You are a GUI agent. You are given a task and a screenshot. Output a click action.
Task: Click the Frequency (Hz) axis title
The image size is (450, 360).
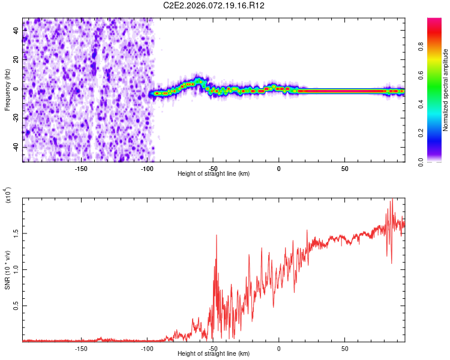[x=7, y=90]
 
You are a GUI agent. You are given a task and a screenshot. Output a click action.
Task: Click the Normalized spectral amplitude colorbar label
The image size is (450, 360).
[x=446, y=90]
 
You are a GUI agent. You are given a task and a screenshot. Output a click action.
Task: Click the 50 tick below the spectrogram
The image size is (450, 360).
[x=345, y=168]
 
